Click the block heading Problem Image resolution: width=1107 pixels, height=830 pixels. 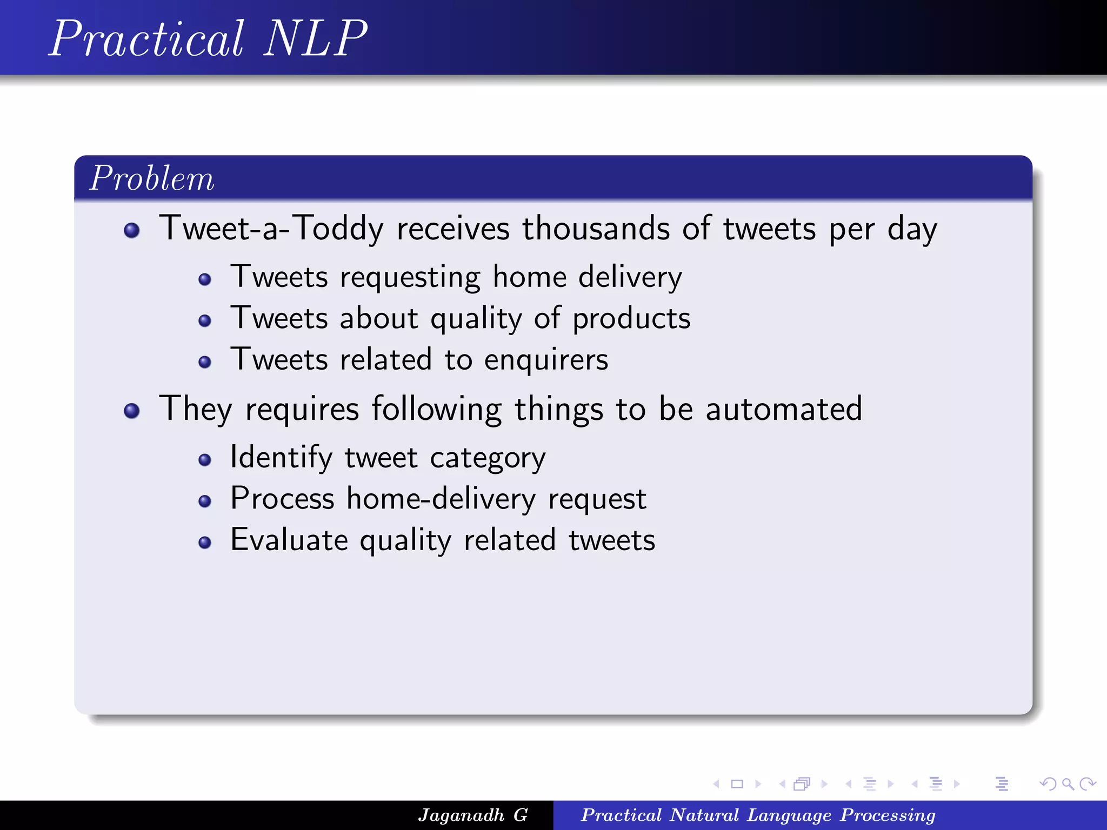(152, 178)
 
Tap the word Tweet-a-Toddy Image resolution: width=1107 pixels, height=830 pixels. (271, 228)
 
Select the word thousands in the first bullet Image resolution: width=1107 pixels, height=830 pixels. (595, 228)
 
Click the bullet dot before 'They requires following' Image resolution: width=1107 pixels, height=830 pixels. (131, 411)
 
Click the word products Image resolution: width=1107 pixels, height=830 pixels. (631, 319)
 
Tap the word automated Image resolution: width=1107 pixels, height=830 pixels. (783, 409)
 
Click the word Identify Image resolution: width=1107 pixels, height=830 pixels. (281, 458)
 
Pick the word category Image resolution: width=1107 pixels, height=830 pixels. (488, 459)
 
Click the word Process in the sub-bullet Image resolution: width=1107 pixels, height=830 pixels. (282, 498)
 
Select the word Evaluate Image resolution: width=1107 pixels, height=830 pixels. (289, 540)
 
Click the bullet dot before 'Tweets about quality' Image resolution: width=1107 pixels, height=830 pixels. (204, 321)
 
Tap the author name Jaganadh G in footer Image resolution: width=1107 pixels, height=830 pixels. (473, 815)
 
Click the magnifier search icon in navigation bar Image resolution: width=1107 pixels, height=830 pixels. (1068, 784)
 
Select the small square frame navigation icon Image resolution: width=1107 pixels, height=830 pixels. (737, 784)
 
